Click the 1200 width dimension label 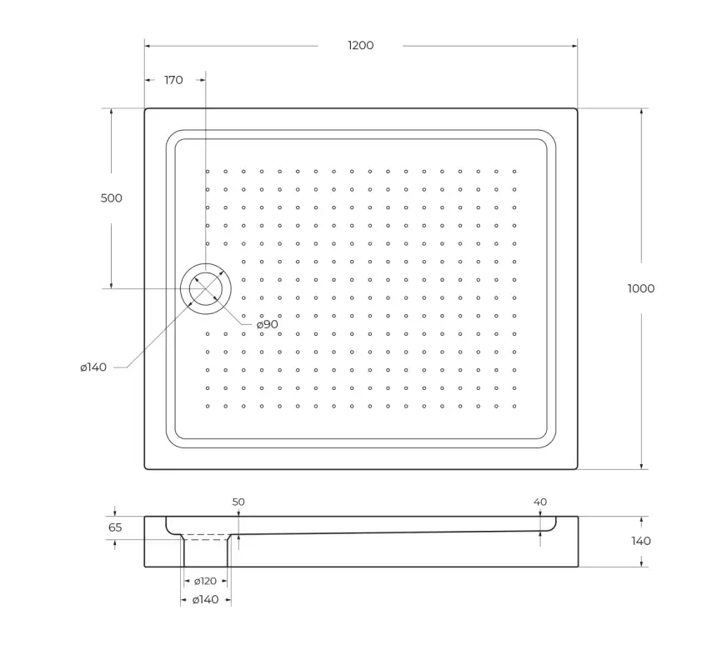[x=360, y=45]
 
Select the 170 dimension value [x=173, y=80]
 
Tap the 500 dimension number [x=111, y=198]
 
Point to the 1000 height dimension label [x=641, y=288]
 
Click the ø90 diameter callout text [x=267, y=324]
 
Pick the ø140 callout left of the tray [x=93, y=367]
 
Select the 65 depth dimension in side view [x=115, y=527]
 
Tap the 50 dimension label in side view [x=238, y=502]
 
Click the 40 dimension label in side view [x=540, y=502]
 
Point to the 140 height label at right [x=641, y=541]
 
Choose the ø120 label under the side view [x=205, y=581]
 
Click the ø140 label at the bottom [x=205, y=600]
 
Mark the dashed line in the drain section [x=206, y=537]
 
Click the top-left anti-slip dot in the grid [x=208, y=172]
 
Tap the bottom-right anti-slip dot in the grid [x=514, y=406]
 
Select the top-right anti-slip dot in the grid [x=514, y=172]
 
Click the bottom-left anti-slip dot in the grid [x=208, y=406]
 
